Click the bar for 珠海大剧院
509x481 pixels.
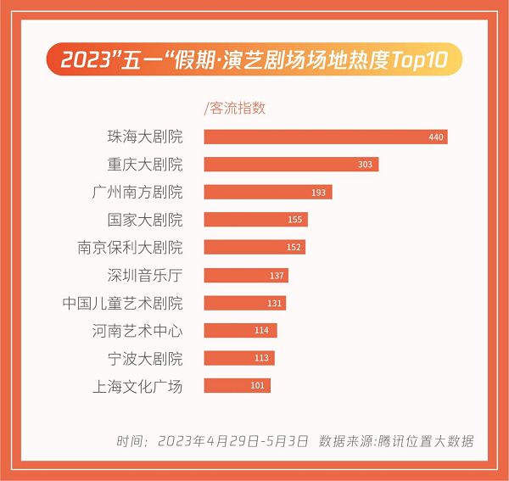326,137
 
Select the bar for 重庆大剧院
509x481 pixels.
291,165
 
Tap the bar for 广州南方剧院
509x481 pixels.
268,192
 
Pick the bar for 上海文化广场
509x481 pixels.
237,386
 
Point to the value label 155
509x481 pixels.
294,220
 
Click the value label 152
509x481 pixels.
294,248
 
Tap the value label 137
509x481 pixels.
277,276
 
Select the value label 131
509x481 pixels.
274,304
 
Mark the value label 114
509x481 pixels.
261,330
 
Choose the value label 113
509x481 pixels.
261,358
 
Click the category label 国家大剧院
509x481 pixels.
145,220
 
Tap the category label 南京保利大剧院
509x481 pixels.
130,248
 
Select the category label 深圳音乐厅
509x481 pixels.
145,275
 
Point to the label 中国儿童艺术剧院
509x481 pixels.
123,303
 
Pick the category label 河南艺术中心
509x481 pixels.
137,331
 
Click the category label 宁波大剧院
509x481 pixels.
145,359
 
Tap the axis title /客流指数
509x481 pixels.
235,108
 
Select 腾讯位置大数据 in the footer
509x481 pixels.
426,441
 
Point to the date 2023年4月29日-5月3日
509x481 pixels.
232,441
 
